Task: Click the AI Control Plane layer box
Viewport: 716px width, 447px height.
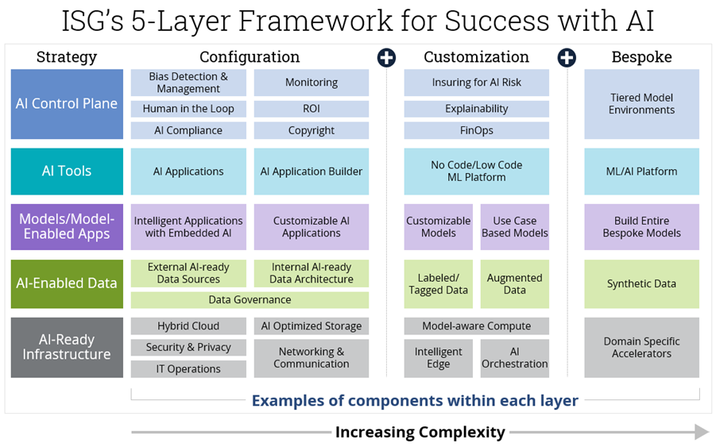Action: tap(67, 104)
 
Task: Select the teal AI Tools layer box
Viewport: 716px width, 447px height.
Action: tap(67, 171)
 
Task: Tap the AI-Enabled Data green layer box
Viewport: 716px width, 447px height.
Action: tap(67, 283)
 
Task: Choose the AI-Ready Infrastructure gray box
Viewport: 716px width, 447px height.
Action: tap(67, 348)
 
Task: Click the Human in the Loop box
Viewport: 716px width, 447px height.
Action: tap(188, 109)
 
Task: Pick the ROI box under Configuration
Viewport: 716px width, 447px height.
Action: tap(312, 109)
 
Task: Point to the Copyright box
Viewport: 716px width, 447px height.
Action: tap(312, 130)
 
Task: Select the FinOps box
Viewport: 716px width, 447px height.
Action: tap(476, 130)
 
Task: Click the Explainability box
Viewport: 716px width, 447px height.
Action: tap(476, 109)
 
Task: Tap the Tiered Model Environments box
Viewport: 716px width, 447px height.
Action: tap(641, 104)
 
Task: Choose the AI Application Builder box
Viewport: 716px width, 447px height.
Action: tap(312, 171)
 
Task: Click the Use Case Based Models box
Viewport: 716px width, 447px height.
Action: tap(514, 227)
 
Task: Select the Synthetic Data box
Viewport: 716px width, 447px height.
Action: tap(641, 283)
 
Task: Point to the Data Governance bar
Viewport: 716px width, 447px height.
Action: tap(250, 300)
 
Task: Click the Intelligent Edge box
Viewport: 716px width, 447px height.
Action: tap(438, 358)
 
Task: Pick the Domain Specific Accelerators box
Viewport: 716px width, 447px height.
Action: tap(641, 348)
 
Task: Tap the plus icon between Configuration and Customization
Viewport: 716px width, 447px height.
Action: tap(386, 57)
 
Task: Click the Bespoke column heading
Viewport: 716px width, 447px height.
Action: tap(641, 57)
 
